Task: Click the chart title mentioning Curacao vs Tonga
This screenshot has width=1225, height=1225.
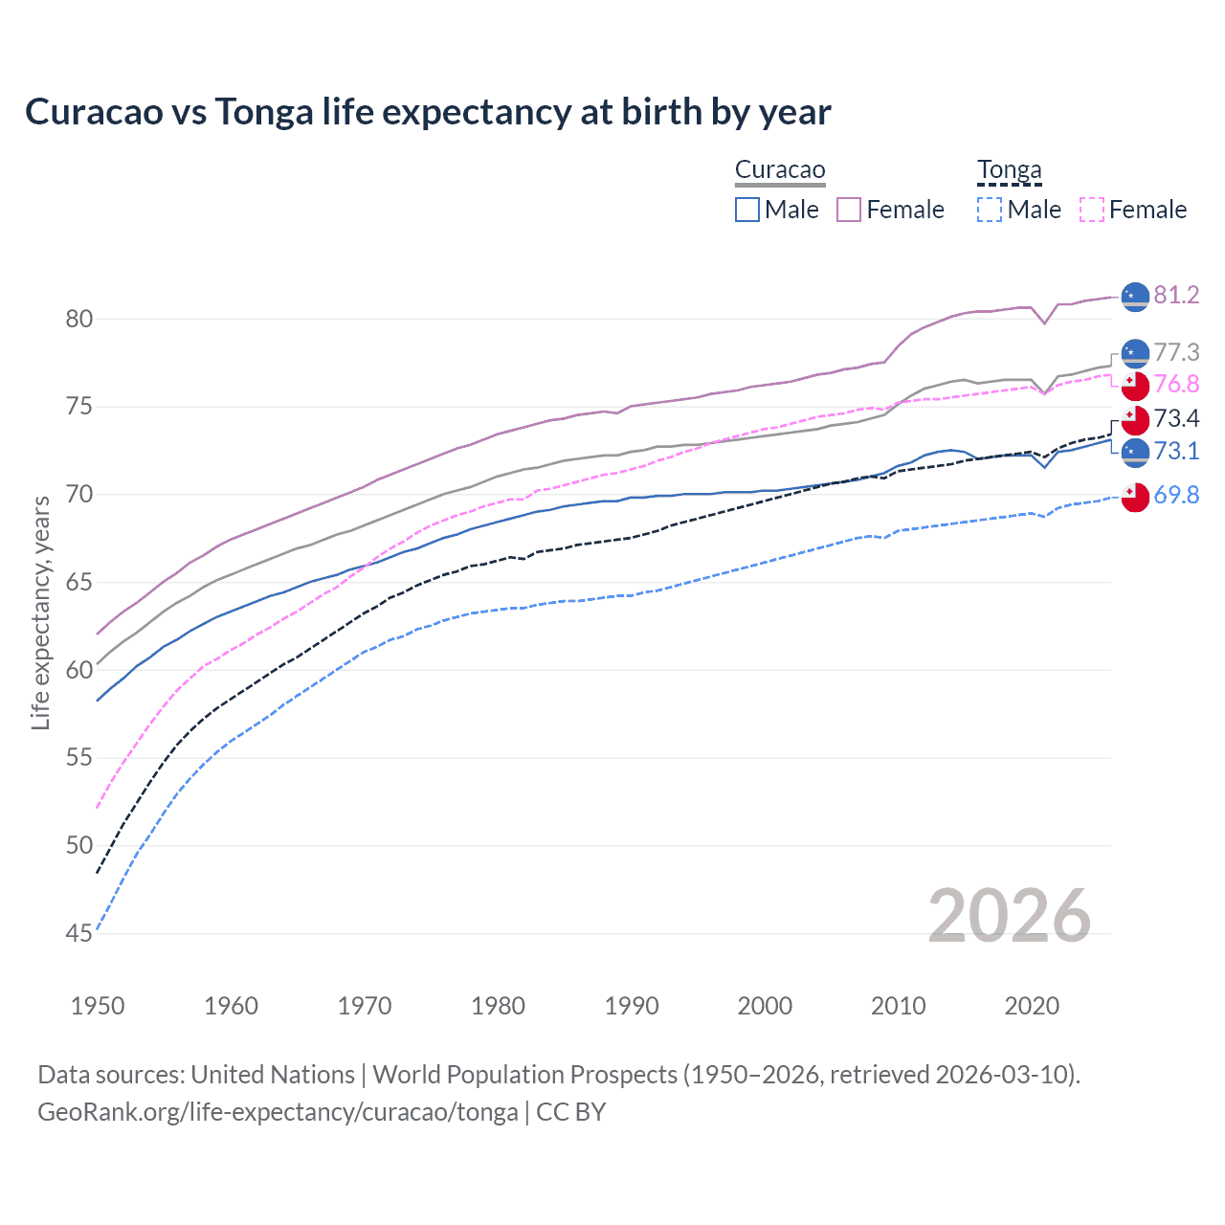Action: click(428, 112)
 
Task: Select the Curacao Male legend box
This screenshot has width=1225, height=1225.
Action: click(747, 210)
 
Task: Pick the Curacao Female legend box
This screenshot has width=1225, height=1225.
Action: click(849, 210)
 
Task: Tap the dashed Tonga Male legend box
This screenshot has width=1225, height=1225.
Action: click(990, 210)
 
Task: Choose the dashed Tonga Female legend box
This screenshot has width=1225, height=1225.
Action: click(1092, 210)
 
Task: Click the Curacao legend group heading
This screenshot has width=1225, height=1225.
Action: click(780, 170)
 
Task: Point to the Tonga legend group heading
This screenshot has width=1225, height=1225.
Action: click(1009, 170)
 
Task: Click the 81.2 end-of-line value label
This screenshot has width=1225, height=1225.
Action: click(1176, 295)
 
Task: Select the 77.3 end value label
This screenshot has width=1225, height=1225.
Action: click(1176, 352)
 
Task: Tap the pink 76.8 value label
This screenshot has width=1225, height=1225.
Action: click(1176, 384)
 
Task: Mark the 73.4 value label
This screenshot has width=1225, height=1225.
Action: click(1176, 418)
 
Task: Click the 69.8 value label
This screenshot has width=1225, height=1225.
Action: click(1176, 495)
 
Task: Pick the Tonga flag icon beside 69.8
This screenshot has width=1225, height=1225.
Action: click(1135, 497)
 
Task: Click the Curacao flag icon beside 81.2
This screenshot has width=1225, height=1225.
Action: click(1135, 297)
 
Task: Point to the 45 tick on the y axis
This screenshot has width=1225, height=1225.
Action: click(78, 933)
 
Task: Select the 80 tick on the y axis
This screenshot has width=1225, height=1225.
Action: click(78, 319)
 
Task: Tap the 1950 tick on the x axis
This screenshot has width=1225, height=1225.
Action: click(98, 1006)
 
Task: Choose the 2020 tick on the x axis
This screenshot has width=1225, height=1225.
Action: click(1032, 1006)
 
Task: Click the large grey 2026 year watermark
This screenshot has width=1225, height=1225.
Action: click(1009, 916)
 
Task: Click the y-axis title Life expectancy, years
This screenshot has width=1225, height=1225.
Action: click(40, 612)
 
